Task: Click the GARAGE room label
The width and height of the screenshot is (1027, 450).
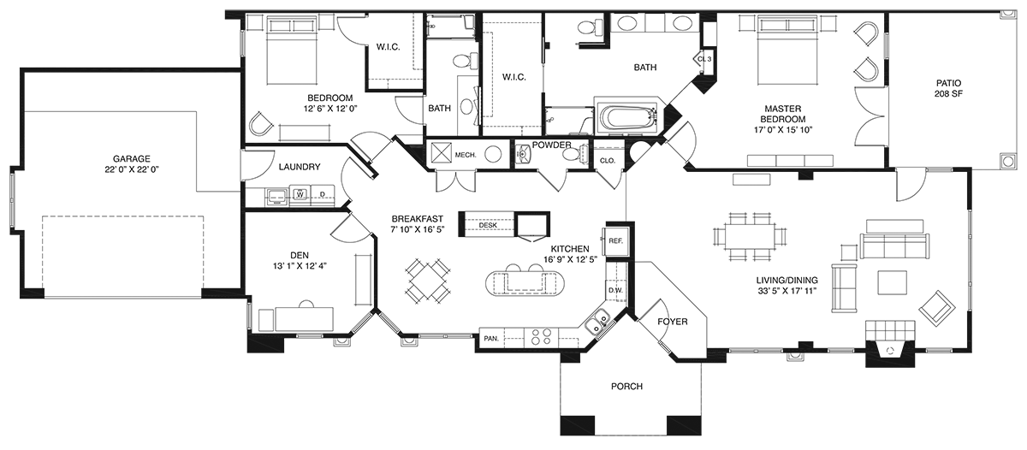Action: [x=132, y=159]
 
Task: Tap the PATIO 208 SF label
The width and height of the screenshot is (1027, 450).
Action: [x=948, y=88]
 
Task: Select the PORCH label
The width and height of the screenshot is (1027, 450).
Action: [x=626, y=387]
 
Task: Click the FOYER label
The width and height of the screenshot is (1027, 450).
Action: [x=673, y=322]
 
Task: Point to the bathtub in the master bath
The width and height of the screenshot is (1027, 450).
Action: [x=626, y=117]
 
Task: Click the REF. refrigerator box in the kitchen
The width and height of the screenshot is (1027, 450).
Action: [x=615, y=240]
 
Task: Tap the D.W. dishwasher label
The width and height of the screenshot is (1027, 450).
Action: [x=615, y=290]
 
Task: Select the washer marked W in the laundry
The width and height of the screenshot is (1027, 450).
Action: [x=300, y=195]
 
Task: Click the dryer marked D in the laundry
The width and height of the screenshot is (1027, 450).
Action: [x=323, y=195]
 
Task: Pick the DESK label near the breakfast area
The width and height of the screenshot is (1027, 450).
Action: [x=488, y=226]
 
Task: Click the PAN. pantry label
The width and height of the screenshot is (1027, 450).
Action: [x=491, y=339]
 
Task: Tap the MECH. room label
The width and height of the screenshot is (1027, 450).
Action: [x=466, y=156]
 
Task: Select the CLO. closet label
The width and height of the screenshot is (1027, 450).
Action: [x=608, y=161]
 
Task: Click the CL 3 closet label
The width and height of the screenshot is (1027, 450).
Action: [x=704, y=59]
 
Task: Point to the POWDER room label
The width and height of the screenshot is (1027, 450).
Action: [x=551, y=145]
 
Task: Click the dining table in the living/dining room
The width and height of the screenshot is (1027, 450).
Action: [x=750, y=236]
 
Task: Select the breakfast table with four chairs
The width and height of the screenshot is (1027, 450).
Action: [x=427, y=281]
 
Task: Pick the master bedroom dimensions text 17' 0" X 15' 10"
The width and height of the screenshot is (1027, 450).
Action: [x=783, y=130]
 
